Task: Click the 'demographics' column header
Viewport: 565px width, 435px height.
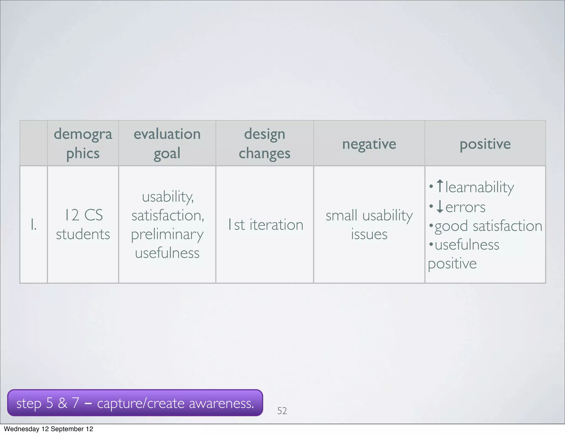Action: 83,143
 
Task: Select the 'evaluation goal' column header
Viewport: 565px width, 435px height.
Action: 167,143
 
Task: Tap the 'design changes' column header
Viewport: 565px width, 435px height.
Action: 265,143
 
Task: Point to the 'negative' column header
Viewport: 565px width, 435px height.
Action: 369,144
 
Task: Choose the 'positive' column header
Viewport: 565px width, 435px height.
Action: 485,144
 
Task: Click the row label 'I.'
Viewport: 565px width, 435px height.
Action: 33,224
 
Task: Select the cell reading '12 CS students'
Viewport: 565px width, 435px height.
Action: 83,224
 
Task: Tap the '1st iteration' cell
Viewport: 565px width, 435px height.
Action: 265,224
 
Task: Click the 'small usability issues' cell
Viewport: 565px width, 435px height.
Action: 369,224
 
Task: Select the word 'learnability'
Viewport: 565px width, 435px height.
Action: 479,188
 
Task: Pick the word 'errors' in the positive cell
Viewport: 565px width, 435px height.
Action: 465,207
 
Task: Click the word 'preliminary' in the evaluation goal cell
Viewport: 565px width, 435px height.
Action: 167,235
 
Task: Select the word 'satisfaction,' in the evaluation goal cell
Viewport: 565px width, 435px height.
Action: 168,216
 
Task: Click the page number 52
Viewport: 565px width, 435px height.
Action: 282,411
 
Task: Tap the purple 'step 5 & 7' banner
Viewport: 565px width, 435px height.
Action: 135,403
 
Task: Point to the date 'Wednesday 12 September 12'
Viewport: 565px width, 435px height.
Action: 49,429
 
